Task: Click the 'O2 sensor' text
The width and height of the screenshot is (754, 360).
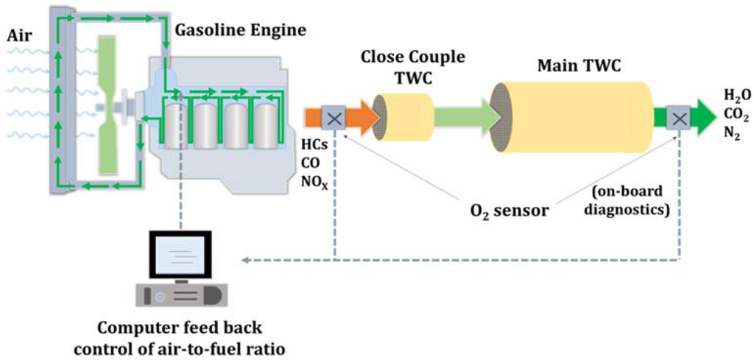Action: coord(510,211)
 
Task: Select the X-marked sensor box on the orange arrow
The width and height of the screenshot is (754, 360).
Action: coord(334,117)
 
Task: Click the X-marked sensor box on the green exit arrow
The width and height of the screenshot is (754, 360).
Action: coord(677,117)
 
